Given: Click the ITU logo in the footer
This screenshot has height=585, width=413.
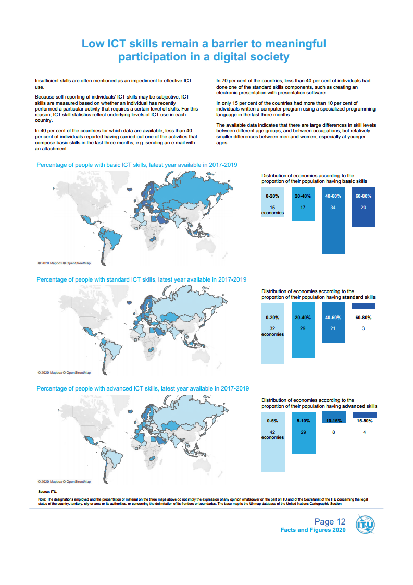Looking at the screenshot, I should click(364, 525).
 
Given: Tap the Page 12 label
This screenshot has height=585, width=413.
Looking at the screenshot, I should click(330, 521).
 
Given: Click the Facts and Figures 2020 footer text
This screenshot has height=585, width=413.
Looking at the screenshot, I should click(313, 530).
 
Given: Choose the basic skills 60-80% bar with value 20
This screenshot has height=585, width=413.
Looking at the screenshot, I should click(364, 209).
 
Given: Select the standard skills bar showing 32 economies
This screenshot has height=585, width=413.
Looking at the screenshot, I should click(273, 334).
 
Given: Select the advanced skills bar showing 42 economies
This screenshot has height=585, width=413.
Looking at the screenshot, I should click(273, 443).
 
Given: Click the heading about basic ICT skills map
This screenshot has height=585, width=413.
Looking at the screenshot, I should click(137, 165).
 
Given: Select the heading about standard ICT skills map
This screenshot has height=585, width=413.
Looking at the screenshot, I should click(141, 279).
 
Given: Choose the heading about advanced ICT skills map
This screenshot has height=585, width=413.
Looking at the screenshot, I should click(142, 388).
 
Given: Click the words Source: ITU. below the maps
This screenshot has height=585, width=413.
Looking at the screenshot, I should click(47, 491).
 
